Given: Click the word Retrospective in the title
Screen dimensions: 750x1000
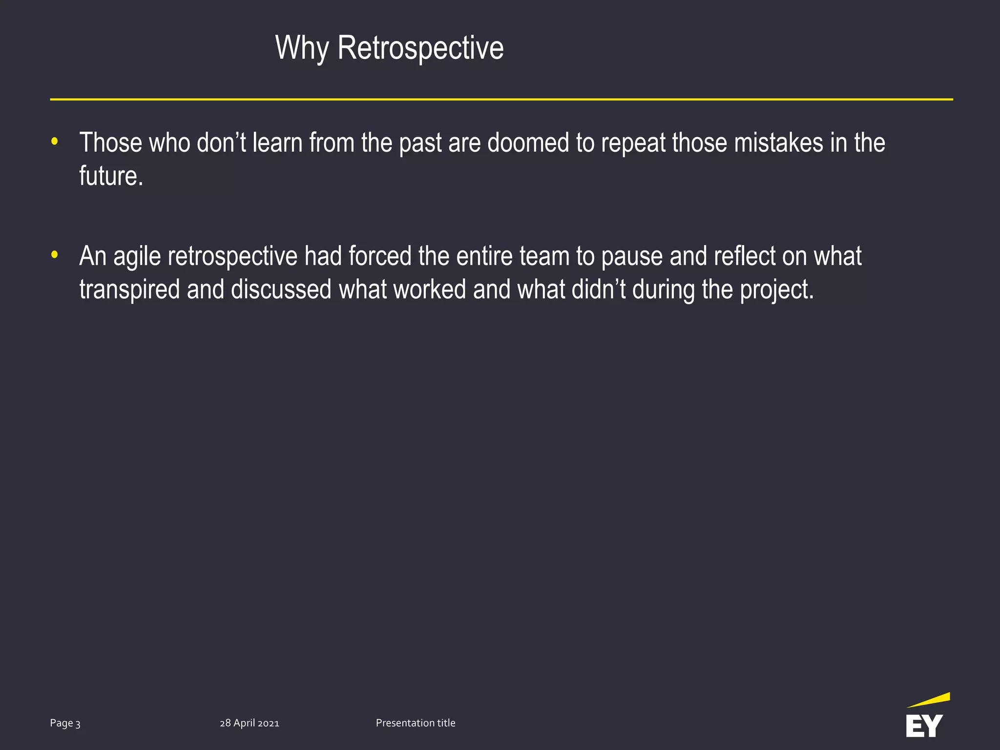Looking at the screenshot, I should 420,48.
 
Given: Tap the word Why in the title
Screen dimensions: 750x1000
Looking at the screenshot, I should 302,48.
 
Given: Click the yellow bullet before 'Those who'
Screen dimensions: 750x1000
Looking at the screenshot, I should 55,142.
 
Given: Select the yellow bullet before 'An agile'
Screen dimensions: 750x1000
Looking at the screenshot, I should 55,255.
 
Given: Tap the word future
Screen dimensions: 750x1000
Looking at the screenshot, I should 111,176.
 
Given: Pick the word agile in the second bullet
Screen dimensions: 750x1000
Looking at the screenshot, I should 137,257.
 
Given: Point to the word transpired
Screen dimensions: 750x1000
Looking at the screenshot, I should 129,290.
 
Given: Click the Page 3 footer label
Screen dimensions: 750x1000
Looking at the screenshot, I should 65,723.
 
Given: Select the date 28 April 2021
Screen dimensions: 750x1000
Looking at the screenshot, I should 250,723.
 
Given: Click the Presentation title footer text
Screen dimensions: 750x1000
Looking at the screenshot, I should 416,723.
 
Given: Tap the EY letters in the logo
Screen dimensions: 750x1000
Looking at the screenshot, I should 924,726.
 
